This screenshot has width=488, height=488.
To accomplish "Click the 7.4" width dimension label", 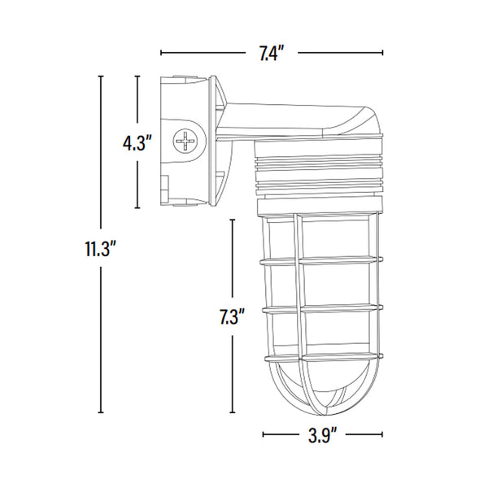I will pyautogui.click(x=270, y=54).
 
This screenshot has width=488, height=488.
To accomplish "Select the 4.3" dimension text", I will pyautogui.click(x=138, y=144).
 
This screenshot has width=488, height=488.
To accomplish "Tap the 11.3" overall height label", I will pyautogui.click(x=101, y=248).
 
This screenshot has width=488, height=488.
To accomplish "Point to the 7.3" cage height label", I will pyautogui.click(x=233, y=317).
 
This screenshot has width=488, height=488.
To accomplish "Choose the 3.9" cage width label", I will pyautogui.click(x=322, y=435).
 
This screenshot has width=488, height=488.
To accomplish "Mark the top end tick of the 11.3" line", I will pyautogui.click(x=101, y=76).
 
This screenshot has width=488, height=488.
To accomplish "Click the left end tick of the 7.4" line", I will pyautogui.click(x=161, y=54).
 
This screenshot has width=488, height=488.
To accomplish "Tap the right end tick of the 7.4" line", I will pyautogui.click(x=383, y=54).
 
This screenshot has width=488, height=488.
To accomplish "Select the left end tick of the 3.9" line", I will pyautogui.click(x=263, y=435).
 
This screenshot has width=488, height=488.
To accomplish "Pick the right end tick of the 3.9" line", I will pyautogui.click(x=383, y=435).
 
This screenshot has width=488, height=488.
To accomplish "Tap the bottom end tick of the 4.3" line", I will pyautogui.click(x=139, y=207).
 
